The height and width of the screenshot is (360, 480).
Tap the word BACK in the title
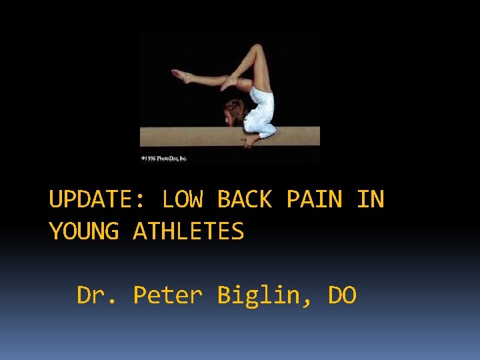pos(245,199)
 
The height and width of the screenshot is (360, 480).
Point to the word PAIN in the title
pos(315,199)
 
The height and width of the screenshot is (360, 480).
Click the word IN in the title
pos(371,199)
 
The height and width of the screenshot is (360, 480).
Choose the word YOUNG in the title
pos(84,232)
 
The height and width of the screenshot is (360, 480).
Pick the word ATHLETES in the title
pos(189,232)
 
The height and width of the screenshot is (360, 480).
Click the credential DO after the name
pos(343,295)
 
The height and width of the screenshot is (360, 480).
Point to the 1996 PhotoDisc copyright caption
pos(164,159)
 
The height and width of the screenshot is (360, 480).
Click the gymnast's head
pos(235,111)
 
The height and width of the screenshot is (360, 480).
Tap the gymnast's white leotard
pos(261,110)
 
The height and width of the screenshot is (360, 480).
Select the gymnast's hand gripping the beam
pos(251,139)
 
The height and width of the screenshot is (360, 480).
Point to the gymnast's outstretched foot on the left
pos(178,75)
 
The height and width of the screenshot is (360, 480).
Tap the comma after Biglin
pos(308,303)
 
